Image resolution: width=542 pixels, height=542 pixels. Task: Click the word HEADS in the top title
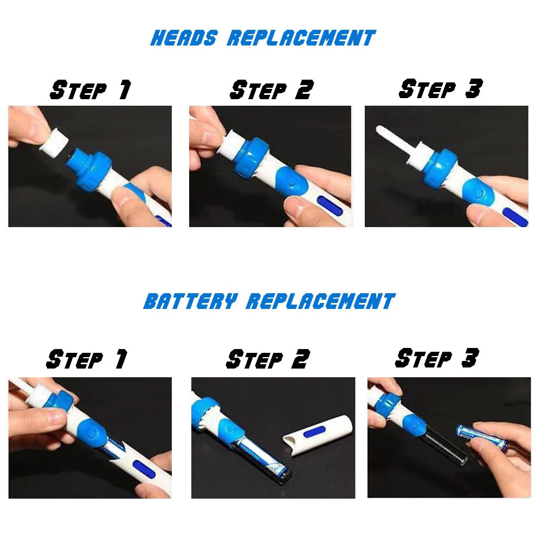pos(184,38)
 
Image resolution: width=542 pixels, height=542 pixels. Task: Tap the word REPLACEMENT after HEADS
pos(301,38)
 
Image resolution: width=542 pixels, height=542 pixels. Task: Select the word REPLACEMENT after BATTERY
pos(321,301)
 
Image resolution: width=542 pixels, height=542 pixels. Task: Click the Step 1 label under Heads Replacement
pos(91,90)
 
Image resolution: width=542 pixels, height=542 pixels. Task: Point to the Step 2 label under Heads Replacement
pos(272,89)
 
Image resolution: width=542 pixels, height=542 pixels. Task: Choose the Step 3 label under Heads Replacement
pos(440,88)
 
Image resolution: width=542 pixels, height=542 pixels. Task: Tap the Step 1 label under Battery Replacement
pos(87,359)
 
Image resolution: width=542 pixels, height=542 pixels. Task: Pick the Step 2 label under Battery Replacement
pos(268,359)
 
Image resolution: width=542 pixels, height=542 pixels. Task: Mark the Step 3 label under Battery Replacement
pos(437,358)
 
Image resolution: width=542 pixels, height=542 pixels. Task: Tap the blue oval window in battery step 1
pos(143,469)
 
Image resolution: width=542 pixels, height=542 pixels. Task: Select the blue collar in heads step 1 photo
pos(90,169)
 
